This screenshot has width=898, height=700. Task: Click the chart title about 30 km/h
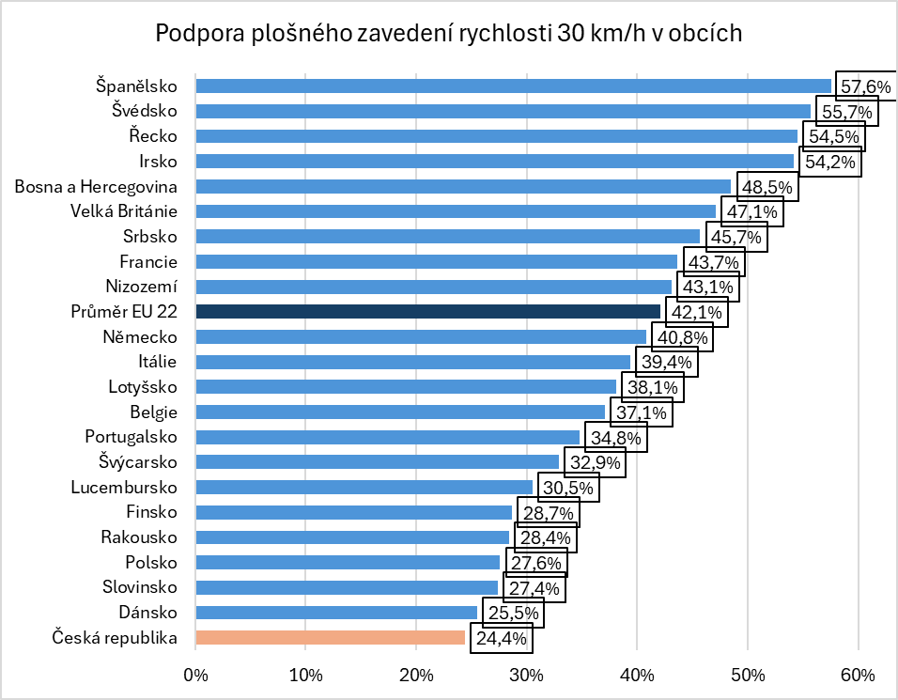(449, 34)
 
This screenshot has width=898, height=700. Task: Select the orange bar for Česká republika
(330, 638)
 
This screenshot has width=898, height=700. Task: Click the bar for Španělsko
(513, 86)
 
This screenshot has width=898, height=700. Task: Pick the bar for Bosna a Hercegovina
(463, 186)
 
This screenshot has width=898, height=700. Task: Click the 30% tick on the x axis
(527, 675)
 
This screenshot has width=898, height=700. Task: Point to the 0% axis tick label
(195, 675)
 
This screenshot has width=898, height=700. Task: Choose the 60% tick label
(859, 675)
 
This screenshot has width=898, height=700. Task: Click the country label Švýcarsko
(138, 461)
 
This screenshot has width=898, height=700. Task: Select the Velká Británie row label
(124, 210)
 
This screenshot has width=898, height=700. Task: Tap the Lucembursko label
(124, 487)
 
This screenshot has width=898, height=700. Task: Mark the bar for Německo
(421, 336)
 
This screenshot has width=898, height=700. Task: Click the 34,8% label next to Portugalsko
(615, 438)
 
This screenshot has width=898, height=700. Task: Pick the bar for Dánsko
(336, 613)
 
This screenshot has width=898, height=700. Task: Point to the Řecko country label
(153, 135)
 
